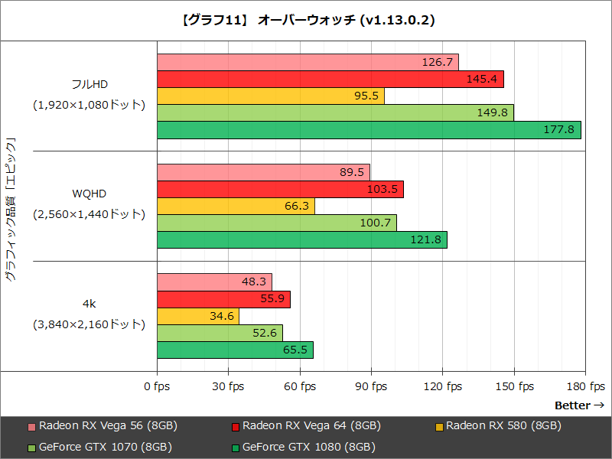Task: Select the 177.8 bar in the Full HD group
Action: (x=369, y=130)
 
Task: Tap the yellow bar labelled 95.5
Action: (x=270, y=96)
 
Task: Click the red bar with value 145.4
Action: (x=330, y=79)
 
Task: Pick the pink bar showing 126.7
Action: (x=308, y=62)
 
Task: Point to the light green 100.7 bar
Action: (x=276, y=223)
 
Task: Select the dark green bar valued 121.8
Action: (x=301, y=239)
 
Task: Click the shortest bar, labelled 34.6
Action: (x=198, y=315)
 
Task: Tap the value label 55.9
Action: (x=273, y=298)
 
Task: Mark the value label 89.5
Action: (x=352, y=172)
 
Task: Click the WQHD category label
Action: (x=89, y=197)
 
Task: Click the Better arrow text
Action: (x=579, y=405)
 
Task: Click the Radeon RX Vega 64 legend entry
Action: (x=305, y=426)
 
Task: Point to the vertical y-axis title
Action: (x=11, y=210)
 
